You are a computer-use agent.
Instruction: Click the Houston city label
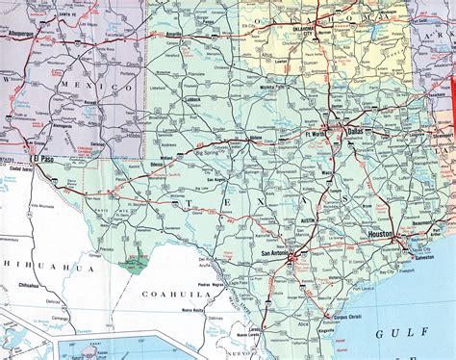tap(379, 234)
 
